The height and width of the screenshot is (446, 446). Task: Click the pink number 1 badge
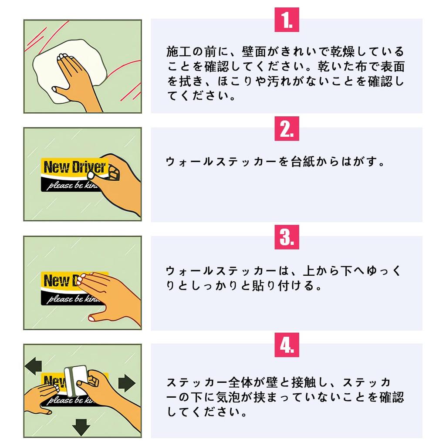(287, 20)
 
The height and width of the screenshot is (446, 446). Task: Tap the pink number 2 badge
(287, 128)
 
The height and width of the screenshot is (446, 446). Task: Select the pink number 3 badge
(287, 237)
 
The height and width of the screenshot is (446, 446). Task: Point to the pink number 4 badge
(287, 345)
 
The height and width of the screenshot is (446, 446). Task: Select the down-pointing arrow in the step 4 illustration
(81, 427)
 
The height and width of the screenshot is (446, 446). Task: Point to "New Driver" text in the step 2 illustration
(74, 167)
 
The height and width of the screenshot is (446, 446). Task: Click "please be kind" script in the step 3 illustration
(73, 299)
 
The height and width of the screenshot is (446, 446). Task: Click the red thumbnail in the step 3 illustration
(92, 318)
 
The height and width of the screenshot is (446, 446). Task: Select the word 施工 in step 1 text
(179, 52)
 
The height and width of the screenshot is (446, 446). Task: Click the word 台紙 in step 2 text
(303, 162)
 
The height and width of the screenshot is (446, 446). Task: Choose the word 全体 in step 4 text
(240, 382)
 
